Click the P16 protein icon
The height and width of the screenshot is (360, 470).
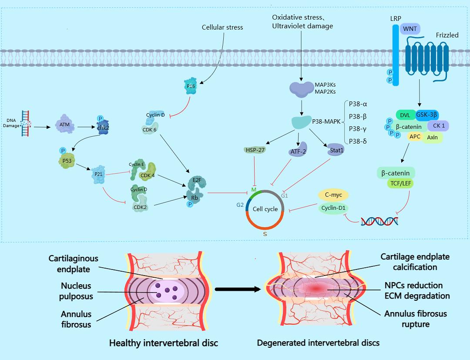click(190, 86)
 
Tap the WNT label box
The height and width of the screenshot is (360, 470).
click(410, 29)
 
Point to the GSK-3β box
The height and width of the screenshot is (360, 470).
click(427, 114)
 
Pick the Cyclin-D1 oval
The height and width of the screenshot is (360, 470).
click(333, 208)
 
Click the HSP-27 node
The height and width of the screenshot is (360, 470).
click(255, 150)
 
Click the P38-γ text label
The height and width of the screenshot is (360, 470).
click(359, 129)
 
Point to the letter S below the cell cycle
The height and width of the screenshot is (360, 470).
click(265, 234)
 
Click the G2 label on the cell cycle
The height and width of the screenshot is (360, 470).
click(240, 204)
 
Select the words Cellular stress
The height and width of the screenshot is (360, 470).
click(222, 27)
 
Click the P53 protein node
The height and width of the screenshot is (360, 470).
click(67, 160)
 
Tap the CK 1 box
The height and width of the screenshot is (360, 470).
click(438, 126)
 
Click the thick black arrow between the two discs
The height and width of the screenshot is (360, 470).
click(239, 289)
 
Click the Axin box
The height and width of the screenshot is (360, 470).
click(432, 138)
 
